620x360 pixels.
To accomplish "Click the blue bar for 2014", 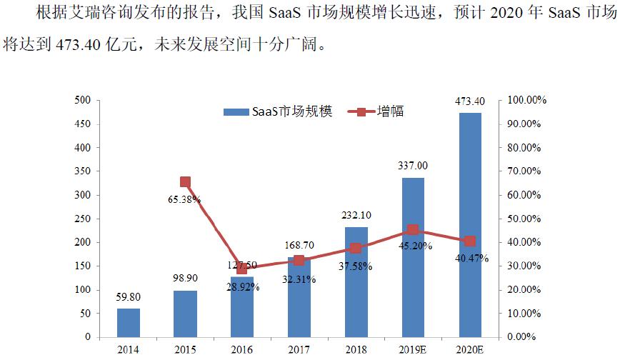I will (129, 322).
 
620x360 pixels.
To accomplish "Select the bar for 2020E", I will (469, 224).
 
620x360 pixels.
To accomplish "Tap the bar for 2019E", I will (412, 257).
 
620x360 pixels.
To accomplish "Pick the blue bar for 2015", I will (185, 313).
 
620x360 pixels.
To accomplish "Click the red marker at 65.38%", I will (185, 182).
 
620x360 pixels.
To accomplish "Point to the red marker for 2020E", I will (469, 241).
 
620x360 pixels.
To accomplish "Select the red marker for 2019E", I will (412, 230).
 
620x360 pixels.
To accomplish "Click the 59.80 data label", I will (129, 296).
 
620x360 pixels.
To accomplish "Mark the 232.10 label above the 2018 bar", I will (356, 215).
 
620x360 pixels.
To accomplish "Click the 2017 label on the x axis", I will (299, 349).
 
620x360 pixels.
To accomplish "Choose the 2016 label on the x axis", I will (241, 349).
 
